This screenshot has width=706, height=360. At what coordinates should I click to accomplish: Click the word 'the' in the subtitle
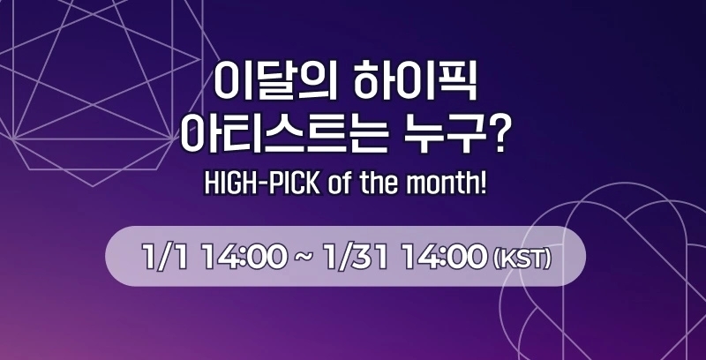[385, 186]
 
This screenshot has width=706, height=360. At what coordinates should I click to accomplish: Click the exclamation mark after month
[484, 186]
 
